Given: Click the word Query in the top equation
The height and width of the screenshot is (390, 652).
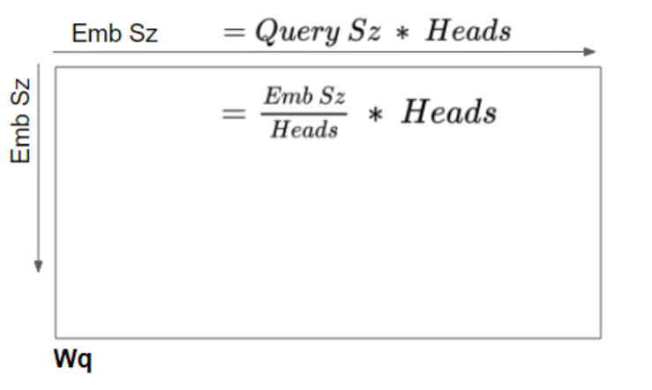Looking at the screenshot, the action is tap(297, 32).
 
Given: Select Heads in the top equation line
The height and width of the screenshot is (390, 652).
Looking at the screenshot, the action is tap(468, 31).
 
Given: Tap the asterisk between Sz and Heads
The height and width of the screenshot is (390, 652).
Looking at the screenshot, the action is tap(402, 33).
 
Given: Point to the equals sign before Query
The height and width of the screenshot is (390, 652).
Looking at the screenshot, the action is tap(234, 32).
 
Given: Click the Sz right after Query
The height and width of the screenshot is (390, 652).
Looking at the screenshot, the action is tap(364, 31).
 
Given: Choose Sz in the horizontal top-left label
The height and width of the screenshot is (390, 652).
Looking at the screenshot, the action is tap(144, 33).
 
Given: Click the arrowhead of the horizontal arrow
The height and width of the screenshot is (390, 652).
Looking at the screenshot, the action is tap(590, 52).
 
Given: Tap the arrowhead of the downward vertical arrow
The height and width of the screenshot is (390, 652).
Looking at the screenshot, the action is tap(38, 266).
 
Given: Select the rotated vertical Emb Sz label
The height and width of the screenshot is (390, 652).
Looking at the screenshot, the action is tap(20, 121).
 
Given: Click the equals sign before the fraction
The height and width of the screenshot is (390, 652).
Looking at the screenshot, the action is tap(233, 113).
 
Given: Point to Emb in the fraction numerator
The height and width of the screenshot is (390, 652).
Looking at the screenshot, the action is tap(289, 96).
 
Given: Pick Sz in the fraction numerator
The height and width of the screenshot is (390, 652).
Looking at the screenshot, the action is tap(333, 96).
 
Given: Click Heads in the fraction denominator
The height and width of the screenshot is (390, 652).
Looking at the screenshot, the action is tap(304, 130).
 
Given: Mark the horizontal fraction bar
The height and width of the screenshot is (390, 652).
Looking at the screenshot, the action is tap(304, 113).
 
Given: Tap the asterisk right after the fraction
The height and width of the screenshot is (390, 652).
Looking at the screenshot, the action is tap(376, 114).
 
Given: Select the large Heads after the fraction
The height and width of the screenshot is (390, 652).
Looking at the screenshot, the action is tap(449, 112).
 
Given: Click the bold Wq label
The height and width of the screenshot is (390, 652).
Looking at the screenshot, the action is tap(72, 359).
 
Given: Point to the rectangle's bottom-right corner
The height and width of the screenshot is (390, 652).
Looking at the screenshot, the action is tap(601, 338).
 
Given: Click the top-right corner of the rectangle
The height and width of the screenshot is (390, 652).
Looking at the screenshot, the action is tap(601, 67).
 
